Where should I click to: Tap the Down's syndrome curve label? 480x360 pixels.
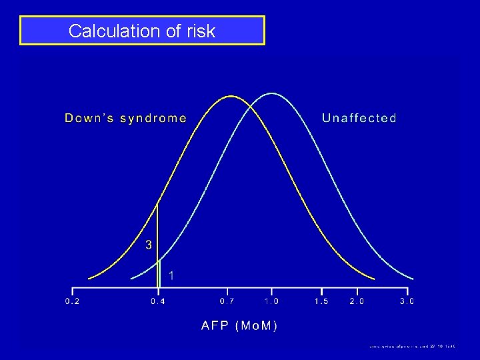tap(125, 118)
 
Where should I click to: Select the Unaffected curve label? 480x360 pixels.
tap(359, 118)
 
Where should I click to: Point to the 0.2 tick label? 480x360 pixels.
tap(73, 301)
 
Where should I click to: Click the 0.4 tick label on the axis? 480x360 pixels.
tap(159, 301)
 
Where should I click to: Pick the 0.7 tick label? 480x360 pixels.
tap(228, 301)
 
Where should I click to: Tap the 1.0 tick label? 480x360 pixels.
tap(271, 301)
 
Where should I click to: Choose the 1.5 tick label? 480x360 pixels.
tap(321, 301)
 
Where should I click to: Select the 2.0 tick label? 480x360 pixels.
tap(357, 301)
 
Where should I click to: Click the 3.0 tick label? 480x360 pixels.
tap(407, 301)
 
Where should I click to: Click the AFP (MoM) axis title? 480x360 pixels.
tap(239, 325)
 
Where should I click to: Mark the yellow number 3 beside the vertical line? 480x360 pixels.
tap(149, 245)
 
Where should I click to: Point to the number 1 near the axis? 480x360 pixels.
tap(171, 275)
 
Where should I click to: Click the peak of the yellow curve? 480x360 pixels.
tap(231, 96)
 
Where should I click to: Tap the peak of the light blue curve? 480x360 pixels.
tap(271, 93)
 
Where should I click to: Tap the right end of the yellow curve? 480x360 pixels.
tap(373, 278)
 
